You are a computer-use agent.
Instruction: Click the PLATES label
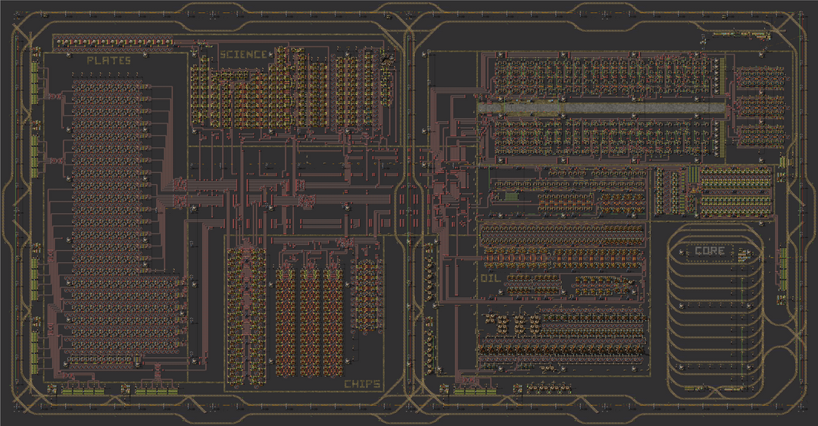[108, 61]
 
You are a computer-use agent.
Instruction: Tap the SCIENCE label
[243, 55]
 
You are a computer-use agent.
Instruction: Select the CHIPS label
[362, 384]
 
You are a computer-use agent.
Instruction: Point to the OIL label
[490, 278]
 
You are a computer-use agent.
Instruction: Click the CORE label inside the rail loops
[710, 251]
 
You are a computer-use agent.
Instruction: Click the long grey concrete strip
[601, 108]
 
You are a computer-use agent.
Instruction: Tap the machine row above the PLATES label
[113, 41]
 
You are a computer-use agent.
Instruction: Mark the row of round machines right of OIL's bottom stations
[548, 389]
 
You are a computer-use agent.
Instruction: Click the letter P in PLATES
[90, 61]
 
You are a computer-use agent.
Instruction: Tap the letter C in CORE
[698, 251]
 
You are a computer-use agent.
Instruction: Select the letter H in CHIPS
[354, 384]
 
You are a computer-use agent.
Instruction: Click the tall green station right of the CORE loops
[783, 269]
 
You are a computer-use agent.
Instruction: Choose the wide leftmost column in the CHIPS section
[246, 316]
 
